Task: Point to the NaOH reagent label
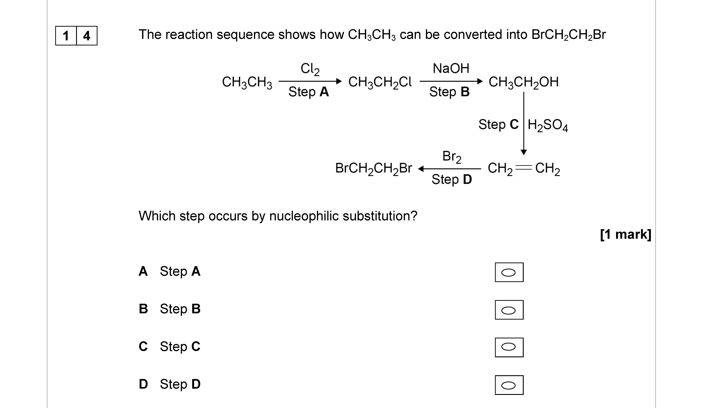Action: coord(451,68)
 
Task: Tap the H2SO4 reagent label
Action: coord(547,125)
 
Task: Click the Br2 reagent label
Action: coord(452,157)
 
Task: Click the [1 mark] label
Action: coord(625,234)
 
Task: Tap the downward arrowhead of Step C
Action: coord(523,152)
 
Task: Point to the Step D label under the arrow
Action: coord(452,179)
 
